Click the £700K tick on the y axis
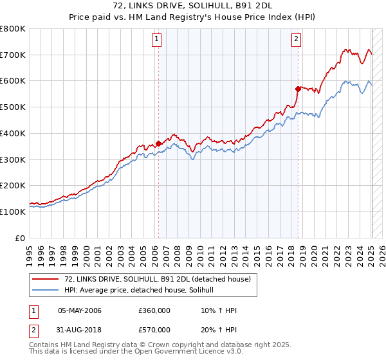(x=14, y=55)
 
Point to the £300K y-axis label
(x=14, y=159)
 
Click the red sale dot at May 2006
(x=158, y=144)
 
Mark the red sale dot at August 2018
(x=298, y=89)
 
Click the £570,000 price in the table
(x=154, y=330)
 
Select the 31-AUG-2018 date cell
(x=80, y=330)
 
